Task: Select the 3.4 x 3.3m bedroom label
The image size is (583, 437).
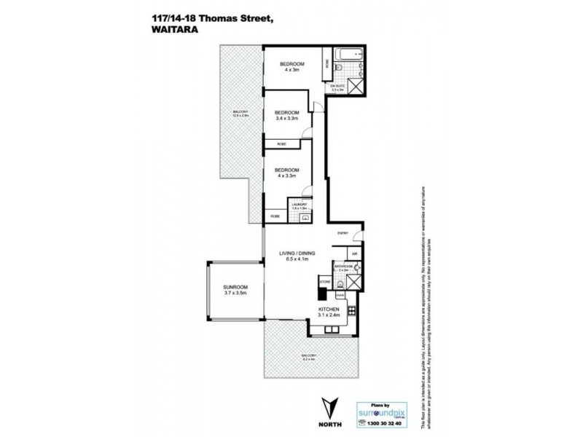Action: pos(288,116)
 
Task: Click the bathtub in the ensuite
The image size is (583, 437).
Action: pos(345,55)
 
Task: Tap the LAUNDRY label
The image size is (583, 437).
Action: pos(300,207)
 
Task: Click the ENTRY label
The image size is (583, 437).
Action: pos(343,233)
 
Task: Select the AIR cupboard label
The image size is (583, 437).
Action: pos(354,254)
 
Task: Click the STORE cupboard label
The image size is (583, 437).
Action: pos(325,280)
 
